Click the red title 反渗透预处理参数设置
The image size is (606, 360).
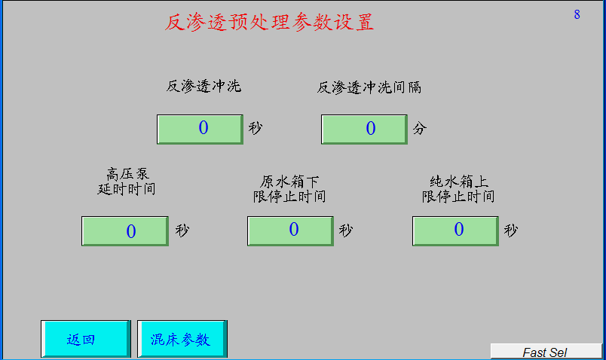tap(269, 22)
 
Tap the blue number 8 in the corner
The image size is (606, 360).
tap(577, 14)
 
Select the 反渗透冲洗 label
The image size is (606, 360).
tap(204, 86)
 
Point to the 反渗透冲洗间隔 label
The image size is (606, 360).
tap(369, 87)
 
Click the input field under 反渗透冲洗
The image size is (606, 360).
tap(200, 129)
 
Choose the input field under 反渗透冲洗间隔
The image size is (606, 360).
tap(364, 129)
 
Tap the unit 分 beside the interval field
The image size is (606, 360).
tap(420, 128)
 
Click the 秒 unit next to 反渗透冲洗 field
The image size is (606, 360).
tap(255, 127)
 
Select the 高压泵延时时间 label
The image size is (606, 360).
tap(127, 182)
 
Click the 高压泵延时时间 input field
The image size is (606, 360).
tap(125, 231)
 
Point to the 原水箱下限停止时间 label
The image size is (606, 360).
tap(289, 189)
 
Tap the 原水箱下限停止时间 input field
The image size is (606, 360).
tap(290, 231)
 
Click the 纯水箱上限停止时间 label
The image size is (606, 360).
tap(458, 189)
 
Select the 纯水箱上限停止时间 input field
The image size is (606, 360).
tap(455, 231)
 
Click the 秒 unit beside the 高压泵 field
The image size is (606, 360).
tap(182, 230)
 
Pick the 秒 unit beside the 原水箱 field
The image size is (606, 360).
tap(345, 230)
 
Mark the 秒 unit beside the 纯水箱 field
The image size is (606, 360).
tap(510, 230)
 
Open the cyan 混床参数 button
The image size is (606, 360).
tap(182, 339)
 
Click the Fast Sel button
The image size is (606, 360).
tap(546, 352)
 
